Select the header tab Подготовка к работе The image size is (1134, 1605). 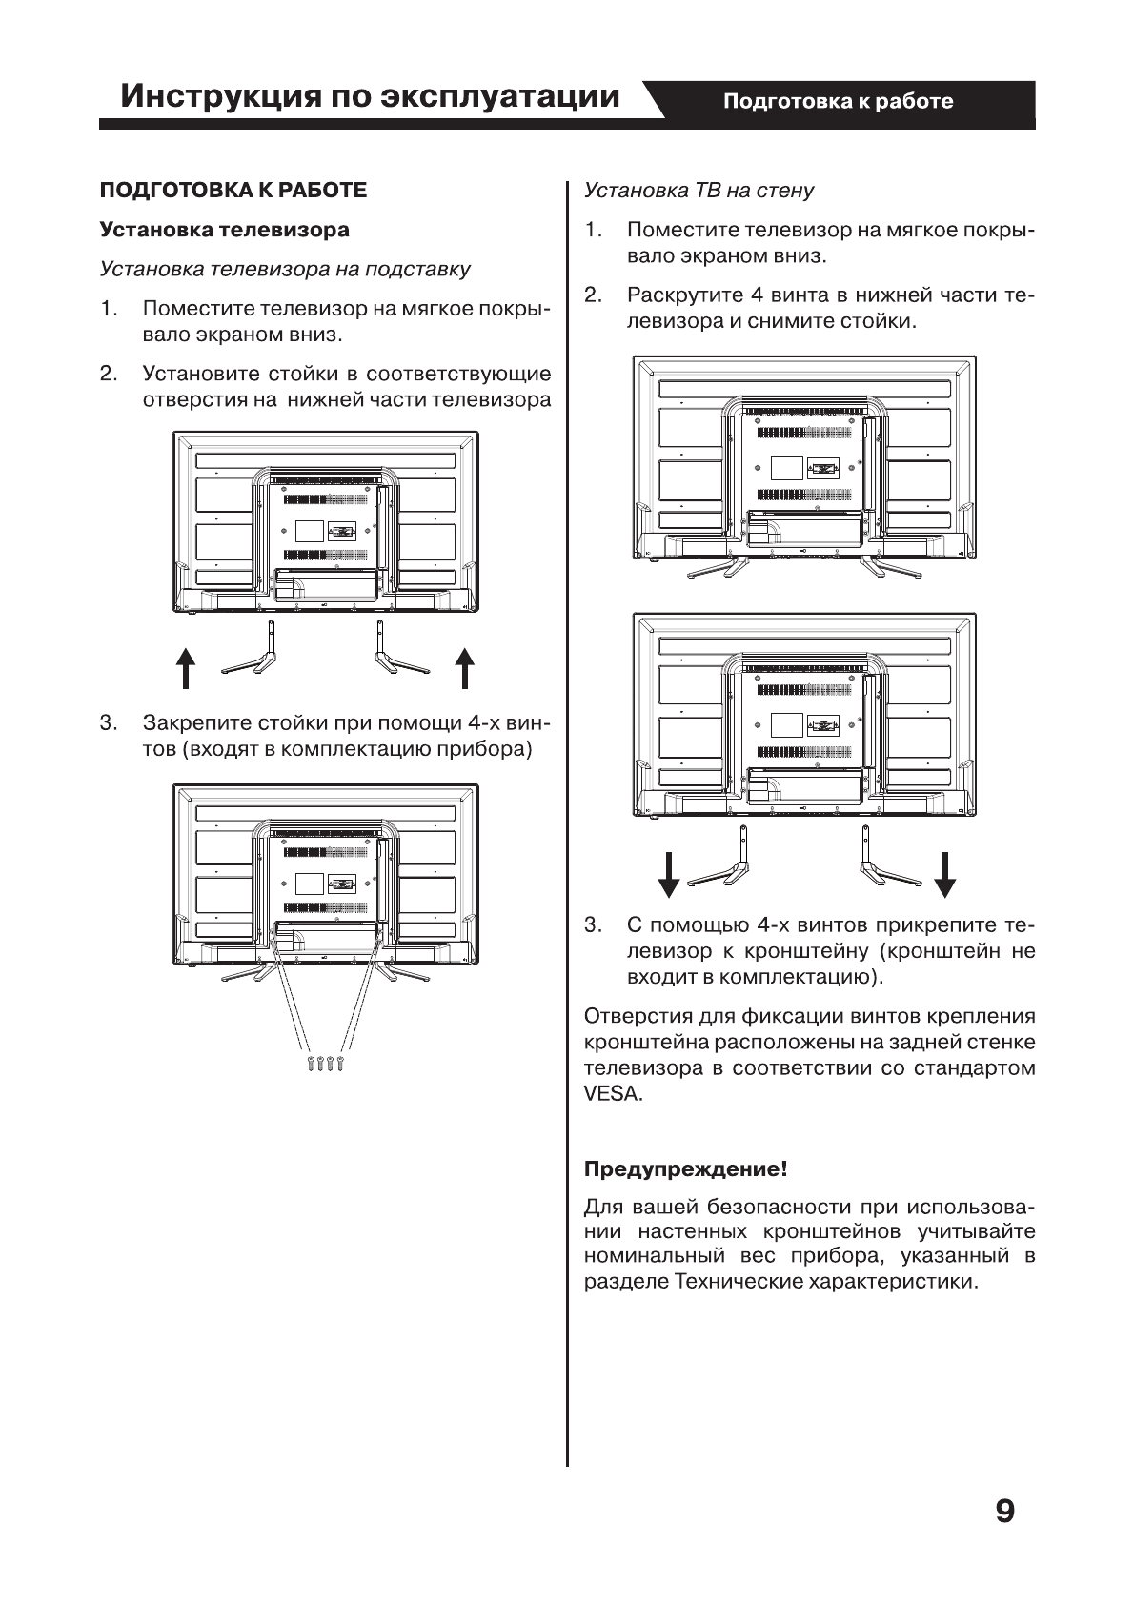pyautogui.click(x=838, y=101)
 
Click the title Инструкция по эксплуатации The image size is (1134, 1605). pyautogui.click(x=370, y=96)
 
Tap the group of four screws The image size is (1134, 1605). pyautogui.click(x=325, y=1064)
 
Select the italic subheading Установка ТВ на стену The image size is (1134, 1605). pyautogui.click(x=699, y=190)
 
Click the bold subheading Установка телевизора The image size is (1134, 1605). pyautogui.click(x=225, y=230)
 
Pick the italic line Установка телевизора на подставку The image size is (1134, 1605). pyautogui.click(x=285, y=269)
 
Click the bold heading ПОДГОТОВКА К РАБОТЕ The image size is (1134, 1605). pyautogui.click(x=233, y=190)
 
